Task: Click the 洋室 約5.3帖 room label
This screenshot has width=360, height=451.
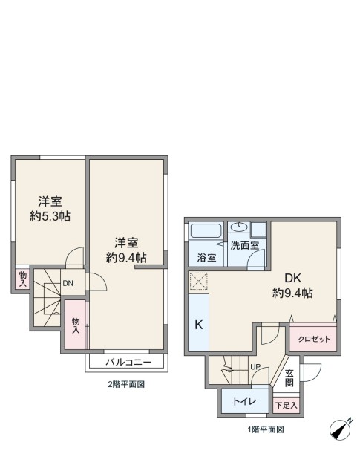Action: (x=50, y=209)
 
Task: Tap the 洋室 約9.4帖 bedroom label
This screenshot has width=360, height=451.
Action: (x=126, y=250)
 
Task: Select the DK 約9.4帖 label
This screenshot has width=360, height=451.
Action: (x=292, y=285)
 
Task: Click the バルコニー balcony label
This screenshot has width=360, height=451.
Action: (x=128, y=362)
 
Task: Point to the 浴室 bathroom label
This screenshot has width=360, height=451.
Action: (x=206, y=257)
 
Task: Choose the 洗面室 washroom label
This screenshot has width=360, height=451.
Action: (x=245, y=245)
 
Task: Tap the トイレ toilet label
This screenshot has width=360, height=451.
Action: (x=244, y=401)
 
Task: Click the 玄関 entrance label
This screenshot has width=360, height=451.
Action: (x=289, y=378)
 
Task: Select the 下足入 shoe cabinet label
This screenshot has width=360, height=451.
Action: (x=287, y=406)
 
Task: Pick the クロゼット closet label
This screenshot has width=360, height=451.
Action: (x=314, y=339)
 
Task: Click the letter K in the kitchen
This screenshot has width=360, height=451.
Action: (x=199, y=325)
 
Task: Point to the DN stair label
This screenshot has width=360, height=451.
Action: (x=68, y=283)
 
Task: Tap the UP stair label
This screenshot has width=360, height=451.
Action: (x=255, y=367)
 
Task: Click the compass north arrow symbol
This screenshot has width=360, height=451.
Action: (x=341, y=429)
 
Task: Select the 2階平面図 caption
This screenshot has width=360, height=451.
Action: (x=126, y=384)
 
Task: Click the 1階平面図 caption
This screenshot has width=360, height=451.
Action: (x=266, y=429)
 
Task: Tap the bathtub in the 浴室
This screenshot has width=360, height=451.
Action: (x=206, y=230)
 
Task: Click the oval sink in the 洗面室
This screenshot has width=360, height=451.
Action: (x=239, y=227)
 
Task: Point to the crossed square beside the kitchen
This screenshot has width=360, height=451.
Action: (x=199, y=281)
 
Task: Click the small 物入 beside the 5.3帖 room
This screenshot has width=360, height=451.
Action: (x=23, y=279)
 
